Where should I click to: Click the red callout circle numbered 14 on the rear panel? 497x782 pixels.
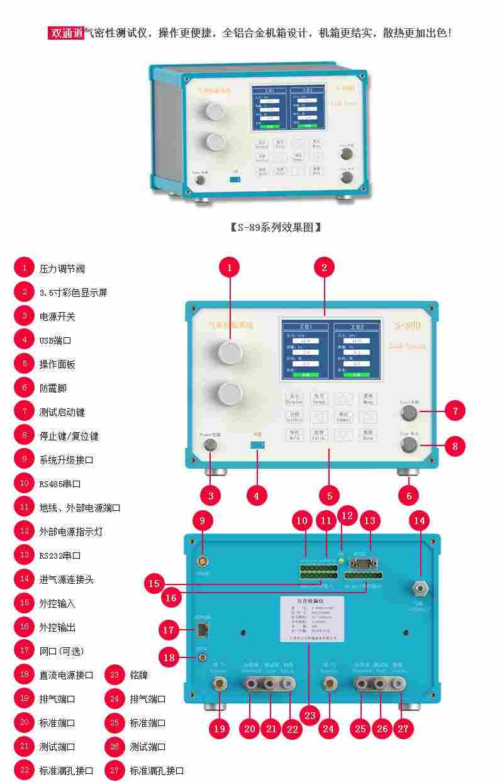pos(418,520)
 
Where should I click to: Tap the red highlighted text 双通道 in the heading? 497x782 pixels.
pos(66,33)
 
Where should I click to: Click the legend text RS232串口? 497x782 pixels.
pos(60,556)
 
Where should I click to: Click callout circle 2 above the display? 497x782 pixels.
pos(324,267)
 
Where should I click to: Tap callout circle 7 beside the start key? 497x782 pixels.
pos(454,411)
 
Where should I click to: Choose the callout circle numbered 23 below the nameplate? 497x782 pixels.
pos(309,715)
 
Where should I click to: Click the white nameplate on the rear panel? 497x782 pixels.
pos(312,619)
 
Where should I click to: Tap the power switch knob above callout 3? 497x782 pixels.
pos(210,445)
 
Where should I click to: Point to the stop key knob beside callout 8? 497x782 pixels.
pos(410,445)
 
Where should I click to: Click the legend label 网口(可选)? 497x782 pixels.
pos(61,651)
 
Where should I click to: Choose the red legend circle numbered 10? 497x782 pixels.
pos(24,484)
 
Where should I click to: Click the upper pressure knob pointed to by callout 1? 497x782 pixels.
pos(230,353)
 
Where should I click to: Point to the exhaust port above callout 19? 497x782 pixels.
pos(219,683)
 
